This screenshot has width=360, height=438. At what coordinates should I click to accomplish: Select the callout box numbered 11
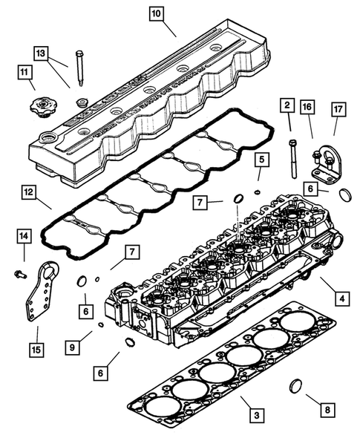[26, 72]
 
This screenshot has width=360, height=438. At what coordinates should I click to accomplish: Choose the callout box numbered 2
[286, 107]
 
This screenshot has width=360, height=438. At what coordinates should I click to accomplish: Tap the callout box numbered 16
[306, 107]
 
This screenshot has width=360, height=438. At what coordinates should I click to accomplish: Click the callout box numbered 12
[27, 193]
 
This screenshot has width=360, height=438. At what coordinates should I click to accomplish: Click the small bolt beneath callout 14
[18, 274]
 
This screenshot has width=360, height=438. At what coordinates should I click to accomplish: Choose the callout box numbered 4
[341, 300]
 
